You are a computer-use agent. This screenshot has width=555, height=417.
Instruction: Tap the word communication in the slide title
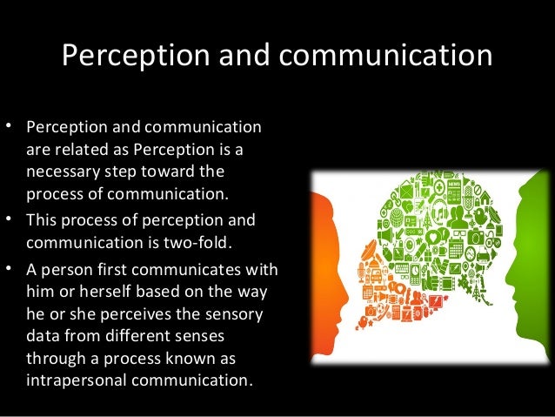coord(384,55)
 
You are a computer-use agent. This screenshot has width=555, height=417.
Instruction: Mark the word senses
coord(197,335)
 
